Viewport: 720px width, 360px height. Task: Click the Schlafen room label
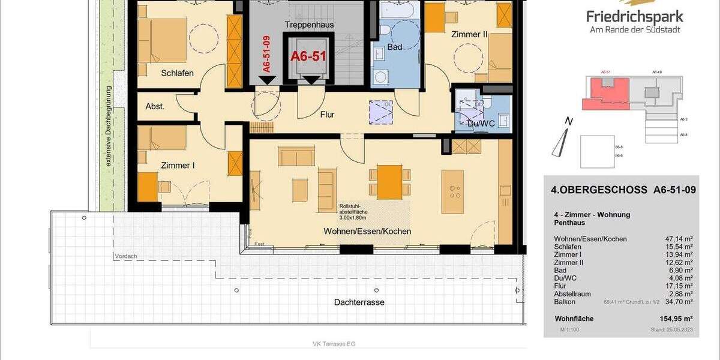click(x=177, y=73)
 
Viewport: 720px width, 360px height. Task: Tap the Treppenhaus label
click(x=310, y=25)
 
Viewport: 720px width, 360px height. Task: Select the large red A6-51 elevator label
click(x=308, y=56)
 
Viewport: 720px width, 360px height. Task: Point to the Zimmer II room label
click(x=469, y=35)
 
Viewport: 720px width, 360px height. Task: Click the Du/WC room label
click(x=481, y=124)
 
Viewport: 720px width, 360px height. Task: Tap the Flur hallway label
click(x=326, y=114)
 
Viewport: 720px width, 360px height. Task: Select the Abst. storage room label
click(x=155, y=106)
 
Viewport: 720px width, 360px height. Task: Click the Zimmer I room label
click(x=178, y=165)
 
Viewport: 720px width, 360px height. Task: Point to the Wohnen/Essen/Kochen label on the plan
click(x=367, y=231)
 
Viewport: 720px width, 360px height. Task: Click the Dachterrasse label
click(x=359, y=302)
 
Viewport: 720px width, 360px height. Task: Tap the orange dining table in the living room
click(x=389, y=181)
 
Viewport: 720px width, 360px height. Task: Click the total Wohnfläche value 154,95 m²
click(x=676, y=319)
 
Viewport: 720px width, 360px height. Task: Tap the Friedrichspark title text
click(x=635, y=16)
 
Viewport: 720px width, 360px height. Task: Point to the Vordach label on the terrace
click(x=125, y=257)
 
